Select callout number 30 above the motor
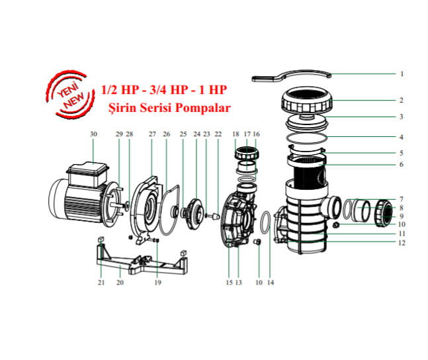click(x=93, y=134)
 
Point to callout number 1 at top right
click(x=401, y=74)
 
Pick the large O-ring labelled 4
click(x=308, y=138)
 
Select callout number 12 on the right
click(x=401, y=243)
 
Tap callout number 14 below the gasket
click(x=270, y=283)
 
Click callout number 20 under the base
click(x=120, y=283)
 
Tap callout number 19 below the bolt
click(x=158, y=283)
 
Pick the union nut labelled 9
click(x=384, y=214)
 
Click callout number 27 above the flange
click(x=152, y=134)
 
